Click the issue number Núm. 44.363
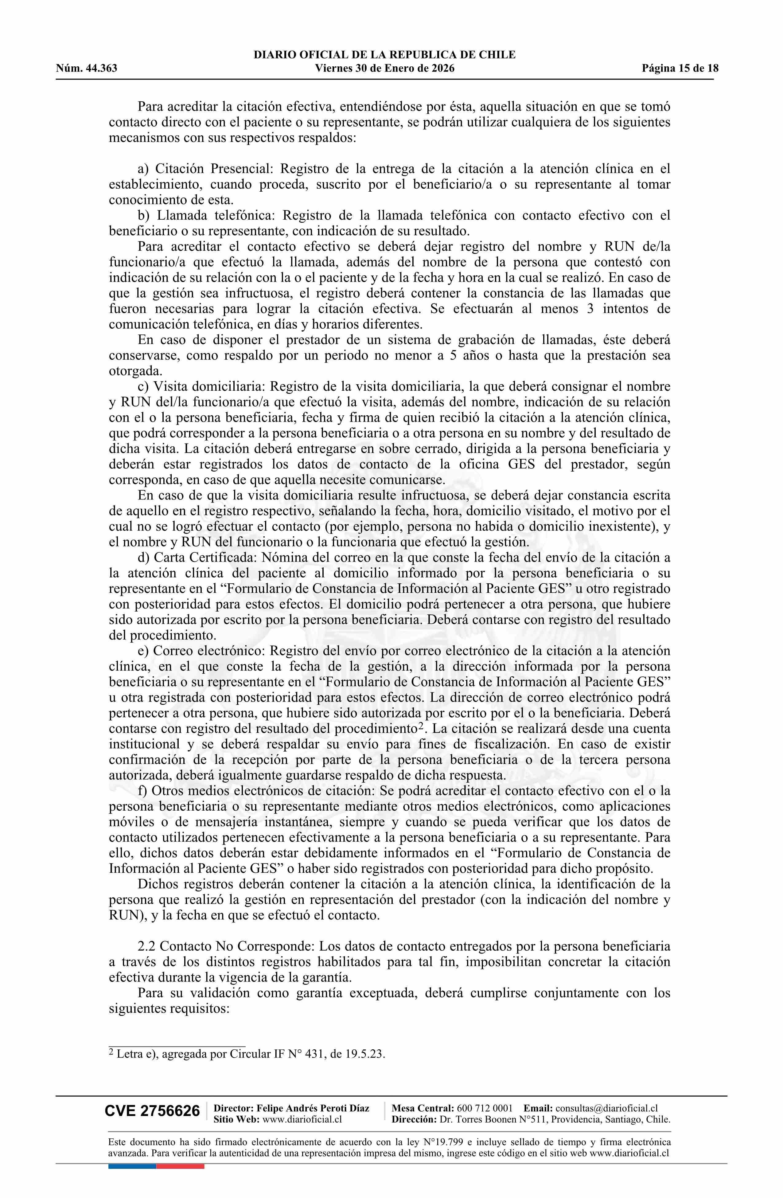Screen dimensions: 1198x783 (x=87, y=69)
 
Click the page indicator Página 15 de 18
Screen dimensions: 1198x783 (x=680, y=69)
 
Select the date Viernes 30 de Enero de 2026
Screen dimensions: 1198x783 (x=384, y=69)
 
